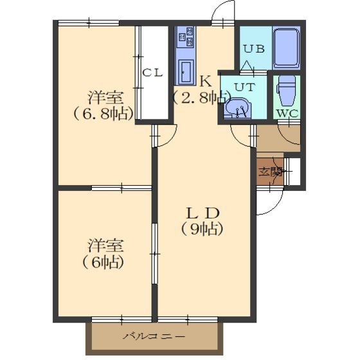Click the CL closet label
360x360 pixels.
click(x=152, y=73)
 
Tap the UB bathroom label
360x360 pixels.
click(x=254, y=49)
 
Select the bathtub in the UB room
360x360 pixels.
click(x=286, y=48)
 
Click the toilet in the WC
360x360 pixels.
click(x=286, y=91)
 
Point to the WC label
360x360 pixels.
click(x=287, y=113)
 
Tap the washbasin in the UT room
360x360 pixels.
click(x=237, y=108)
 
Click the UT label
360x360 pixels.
click(x=245, y=87)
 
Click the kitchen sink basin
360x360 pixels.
click(x=186, y=72)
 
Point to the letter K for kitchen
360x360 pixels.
click(x=206, y=81)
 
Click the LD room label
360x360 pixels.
click(x=203, y=213)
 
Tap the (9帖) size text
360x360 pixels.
click(x=203, y=229)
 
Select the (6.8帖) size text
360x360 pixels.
click(x=104, y=114)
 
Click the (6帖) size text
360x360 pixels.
click(x=104, y=262)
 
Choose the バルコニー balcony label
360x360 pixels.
click(x=154, y=336)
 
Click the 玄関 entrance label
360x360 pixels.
click(x=271, y=172)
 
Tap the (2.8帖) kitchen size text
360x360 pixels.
click(x=202, y=98)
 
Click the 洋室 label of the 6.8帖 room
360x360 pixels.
click(x=105, y=98)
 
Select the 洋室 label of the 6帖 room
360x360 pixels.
click(x=105, y=246)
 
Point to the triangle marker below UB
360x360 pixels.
click(x=247, y=66)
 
